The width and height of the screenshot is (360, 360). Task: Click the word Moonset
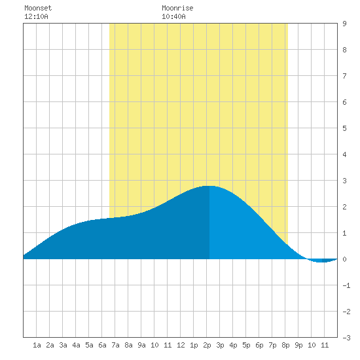click(x=38, y=8)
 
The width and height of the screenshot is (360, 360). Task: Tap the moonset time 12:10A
click(x=36, y=16)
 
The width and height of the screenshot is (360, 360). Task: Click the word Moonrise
click(x=177, y=8)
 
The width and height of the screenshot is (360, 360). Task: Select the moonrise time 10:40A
click(x=173, y=16)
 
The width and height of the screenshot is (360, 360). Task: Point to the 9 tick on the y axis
click(x=344, y=24)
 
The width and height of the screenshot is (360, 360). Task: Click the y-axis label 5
click(x=344, y=128)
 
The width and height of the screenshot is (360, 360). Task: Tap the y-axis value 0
click(x=344, y=259)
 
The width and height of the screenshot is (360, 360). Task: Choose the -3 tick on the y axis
click(x=346, y=338)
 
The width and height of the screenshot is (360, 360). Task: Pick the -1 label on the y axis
click(x=346, y=285)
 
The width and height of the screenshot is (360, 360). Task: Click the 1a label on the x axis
click(x=37, y=345)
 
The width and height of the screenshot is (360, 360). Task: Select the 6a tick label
click(x=102, y=345)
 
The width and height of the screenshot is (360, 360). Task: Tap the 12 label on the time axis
click(x=181, y=345)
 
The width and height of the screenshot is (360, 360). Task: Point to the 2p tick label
click(x=207, y=345)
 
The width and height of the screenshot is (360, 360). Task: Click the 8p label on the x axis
click(x=285, y=345)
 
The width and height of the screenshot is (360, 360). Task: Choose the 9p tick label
click(x=298, y=345)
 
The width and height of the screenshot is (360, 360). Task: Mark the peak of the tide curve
click(x=209, y=186)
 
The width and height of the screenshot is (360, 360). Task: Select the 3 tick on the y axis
click(x=344, y=181)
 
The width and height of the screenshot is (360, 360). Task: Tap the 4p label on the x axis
click(x=233, y=345)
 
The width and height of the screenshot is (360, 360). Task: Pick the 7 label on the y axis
click(x=344, y=76)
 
